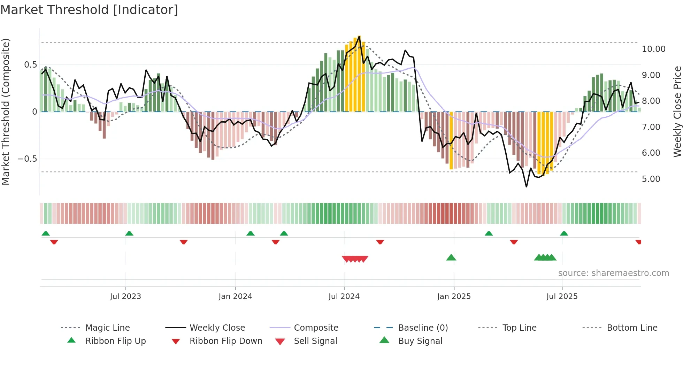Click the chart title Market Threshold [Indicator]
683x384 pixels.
click(x=89, y=10)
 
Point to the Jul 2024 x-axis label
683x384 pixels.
click(x=344, y=296)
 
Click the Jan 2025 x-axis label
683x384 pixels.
click(x=454, y=296)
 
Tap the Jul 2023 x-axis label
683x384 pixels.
click(x=125, y=296)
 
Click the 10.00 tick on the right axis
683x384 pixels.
click(x=653, y=49)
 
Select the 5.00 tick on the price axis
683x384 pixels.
click(x=651, y=179)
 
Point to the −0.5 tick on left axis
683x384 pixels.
click(x=27, y=159)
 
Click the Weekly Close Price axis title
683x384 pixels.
click(x=677, y=112)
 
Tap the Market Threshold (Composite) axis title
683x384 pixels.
click(x=6, y=112)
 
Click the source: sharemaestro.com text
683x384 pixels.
click(x=613, y=273)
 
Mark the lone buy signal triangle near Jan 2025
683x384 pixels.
click(x=451, y=258)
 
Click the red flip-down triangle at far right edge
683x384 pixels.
click(x=638, y=242)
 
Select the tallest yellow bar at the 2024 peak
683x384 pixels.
click(x=359, y=74)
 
